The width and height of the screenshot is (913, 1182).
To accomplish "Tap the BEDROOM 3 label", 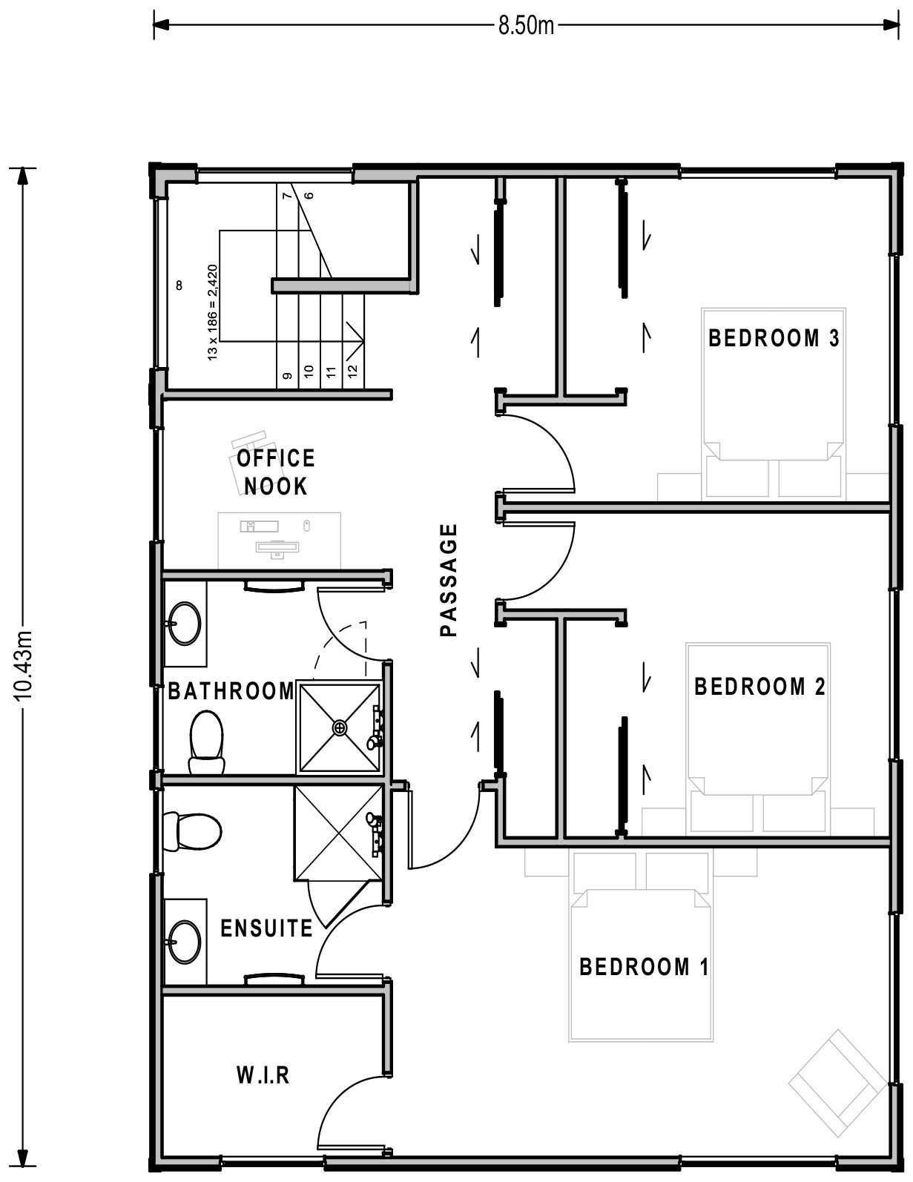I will click(774, 339).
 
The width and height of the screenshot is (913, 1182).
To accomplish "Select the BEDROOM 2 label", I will click(759, 687).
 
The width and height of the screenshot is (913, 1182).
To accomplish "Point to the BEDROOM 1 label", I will click(644, 967).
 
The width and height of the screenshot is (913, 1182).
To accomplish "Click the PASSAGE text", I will click(448, 580).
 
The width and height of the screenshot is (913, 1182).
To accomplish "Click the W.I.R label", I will click(263, 1074).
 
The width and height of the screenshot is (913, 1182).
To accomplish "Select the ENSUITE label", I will click(267, 928).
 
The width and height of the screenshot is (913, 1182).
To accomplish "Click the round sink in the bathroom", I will click(184, 624).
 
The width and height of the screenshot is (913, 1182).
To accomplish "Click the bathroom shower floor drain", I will click(340, 727).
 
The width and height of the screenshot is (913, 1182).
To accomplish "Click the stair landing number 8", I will click(179, 285).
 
